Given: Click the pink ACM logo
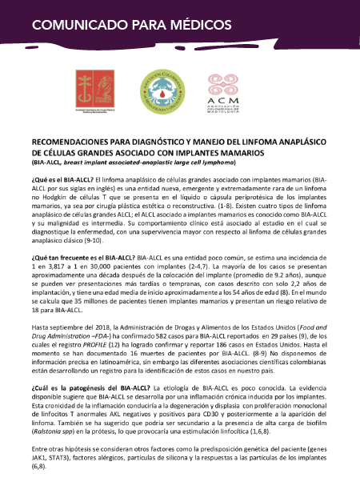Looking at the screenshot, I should pos(226,89).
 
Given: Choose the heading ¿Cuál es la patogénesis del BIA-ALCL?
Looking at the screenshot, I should pos(86,387).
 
